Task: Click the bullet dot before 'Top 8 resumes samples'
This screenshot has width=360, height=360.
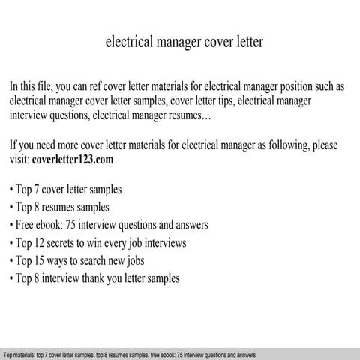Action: point(12,207)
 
